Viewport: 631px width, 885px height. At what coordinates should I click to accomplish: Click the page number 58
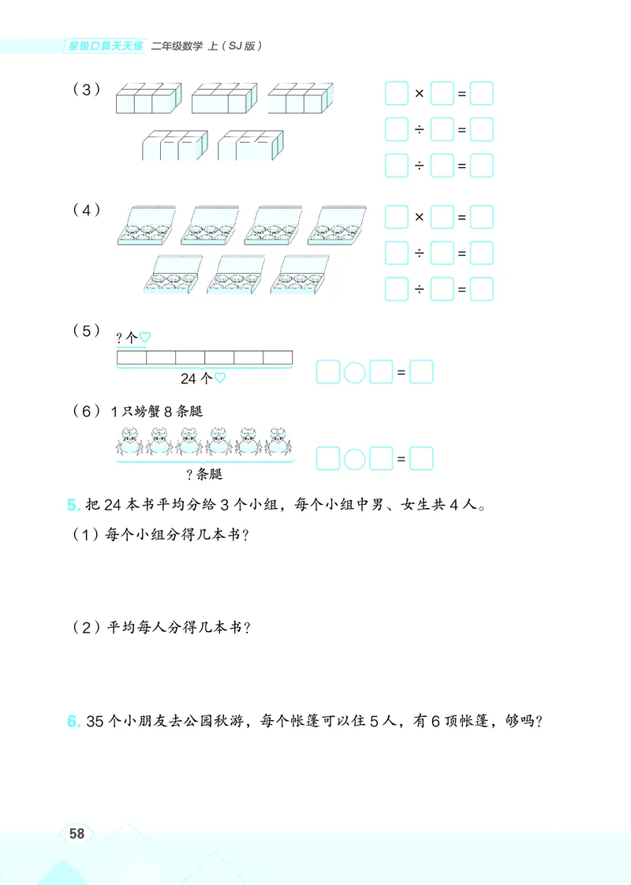pos(77,835)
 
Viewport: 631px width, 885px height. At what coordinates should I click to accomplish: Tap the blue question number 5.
pos(73,504)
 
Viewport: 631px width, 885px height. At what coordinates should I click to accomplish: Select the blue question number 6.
pos(73,721)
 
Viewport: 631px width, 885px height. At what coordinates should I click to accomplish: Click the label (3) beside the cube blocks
pos(87,89)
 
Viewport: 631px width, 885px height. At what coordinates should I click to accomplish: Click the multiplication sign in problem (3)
pos(419,95)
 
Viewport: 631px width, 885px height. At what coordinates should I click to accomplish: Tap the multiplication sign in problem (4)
pos(419,217)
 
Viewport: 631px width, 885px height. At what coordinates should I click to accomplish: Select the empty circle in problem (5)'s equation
pos(355,372)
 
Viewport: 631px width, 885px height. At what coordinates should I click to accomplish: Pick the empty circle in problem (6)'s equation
pos(355,458)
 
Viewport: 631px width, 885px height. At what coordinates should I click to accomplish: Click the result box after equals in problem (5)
pos(421,372)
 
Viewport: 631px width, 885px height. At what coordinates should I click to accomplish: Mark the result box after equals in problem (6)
pos(421,458)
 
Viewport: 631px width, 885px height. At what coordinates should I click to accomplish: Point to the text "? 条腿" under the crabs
pos(204,474)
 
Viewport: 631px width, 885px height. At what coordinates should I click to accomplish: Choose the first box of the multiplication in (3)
pos(396,95)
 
